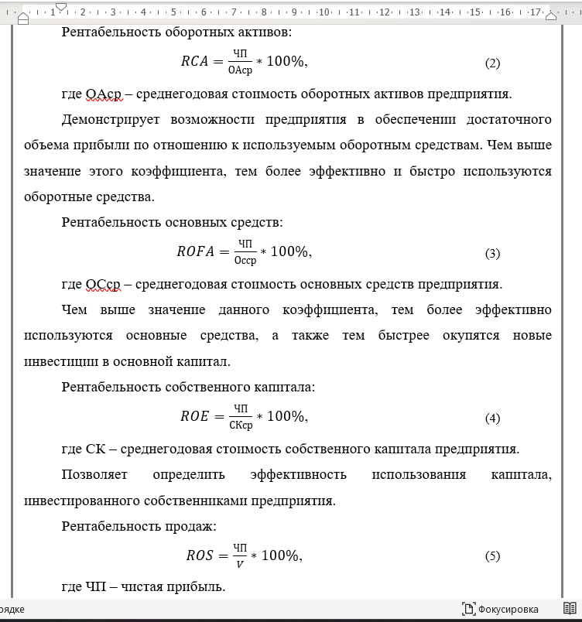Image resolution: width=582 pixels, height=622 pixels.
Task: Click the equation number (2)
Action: click(492, 64)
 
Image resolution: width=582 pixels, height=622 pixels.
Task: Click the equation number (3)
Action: click(492, 254)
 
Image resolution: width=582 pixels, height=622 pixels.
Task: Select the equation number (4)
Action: click(492, 419)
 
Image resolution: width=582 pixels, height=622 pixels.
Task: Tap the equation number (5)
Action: click(492, 556)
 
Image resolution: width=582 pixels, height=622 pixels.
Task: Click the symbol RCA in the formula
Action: click(195, 62)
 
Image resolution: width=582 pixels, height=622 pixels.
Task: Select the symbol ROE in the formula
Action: click(195, 416)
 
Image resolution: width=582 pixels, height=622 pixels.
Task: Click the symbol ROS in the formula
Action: click(200, 555)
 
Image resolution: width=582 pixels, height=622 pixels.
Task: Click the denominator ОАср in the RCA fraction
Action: click(241, 70)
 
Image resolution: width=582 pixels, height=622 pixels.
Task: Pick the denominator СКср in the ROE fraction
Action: click(241, 424)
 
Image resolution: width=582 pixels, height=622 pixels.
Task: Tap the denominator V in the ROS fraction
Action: click(240, 563)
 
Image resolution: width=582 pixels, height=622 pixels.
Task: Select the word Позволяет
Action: click(94, 474)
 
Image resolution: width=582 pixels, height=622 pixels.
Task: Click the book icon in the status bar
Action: click(570, 608)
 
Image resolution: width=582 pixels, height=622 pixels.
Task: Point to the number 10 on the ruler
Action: click(324, 12)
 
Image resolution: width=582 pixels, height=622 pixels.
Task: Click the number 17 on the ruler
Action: click(534, 12)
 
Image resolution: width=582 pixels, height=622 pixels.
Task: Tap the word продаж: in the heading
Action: click(193, 526)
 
